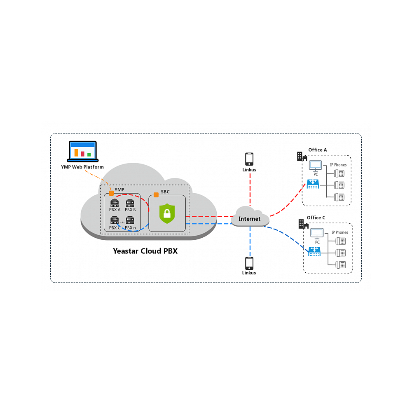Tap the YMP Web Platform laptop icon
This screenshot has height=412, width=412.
pos(82,152)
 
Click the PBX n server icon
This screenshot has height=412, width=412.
pos(130,220)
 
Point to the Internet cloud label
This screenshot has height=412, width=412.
pos(250,219)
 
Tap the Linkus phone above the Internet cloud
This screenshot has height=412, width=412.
pos(249,159)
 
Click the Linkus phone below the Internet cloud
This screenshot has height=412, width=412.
pos(249,263)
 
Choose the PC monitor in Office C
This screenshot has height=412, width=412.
pos(317,234)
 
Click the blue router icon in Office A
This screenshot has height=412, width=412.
pos(313,184)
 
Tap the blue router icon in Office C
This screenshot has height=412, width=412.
pos(314,251)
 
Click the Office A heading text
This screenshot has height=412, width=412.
pos(317,150)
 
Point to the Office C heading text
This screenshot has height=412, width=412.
pos(316,218)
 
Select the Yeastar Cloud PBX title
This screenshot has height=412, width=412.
pos(145,250)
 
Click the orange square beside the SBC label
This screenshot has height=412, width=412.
pos(156,195)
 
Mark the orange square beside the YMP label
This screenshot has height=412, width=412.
pos(111,193)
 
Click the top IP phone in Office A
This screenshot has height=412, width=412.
pos(339,173)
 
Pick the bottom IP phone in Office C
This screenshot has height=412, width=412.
pos(341,264)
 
